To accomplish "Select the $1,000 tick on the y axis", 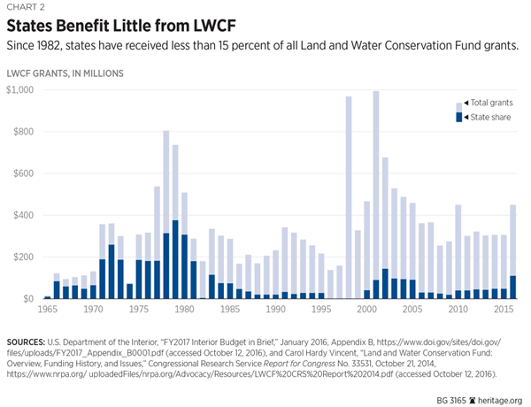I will point(23,90).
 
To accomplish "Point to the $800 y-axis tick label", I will point(27,132).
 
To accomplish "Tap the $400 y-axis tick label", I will point(27,215).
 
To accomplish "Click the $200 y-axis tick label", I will point(27,257).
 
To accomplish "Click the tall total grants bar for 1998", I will point(349,195).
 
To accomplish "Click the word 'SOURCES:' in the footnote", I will point(29,340).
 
